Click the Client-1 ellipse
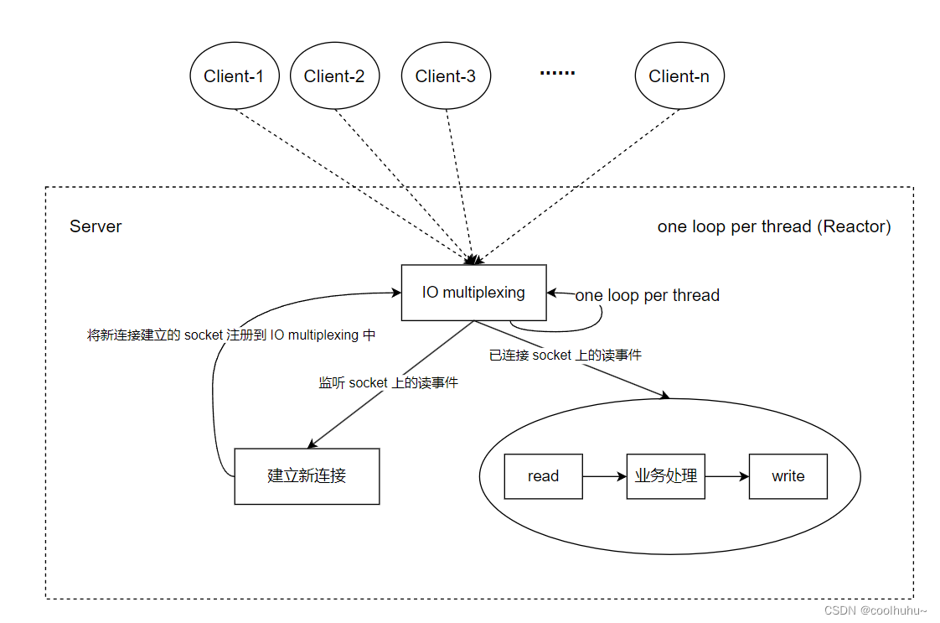click(234, 76)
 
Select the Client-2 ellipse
click(334, 76)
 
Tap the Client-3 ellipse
click(446, 76)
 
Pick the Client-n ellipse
click(679, 76)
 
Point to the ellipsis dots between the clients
click(557, 74)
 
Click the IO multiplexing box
click(474, 293)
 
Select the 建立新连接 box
click(307, 476)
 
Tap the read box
click(543, 476)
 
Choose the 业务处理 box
click(666, 476)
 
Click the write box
click(788, 476)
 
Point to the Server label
click(96, 226)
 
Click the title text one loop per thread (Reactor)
click(774, 226)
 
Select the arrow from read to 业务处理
click(605, 476)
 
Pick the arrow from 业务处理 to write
click(727, 476)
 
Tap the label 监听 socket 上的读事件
click(388, 382)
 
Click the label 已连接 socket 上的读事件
click(566, 355)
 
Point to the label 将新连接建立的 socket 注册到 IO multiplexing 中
click(232, 335)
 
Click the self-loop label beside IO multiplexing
click(648, 295)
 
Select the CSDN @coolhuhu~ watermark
click(875, 611)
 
